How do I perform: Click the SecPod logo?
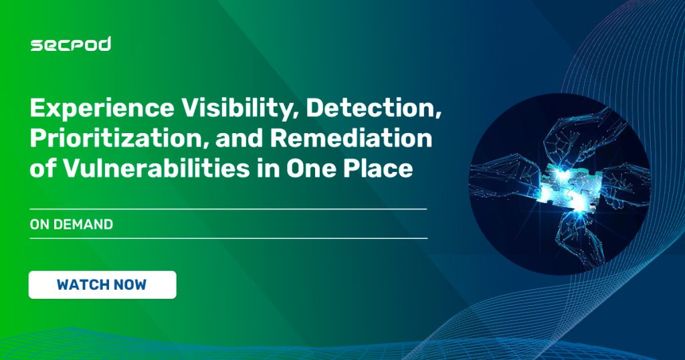[x=71, y=44]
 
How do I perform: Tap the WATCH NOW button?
[x=102, y=285]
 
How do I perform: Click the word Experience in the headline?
[x=102, y=109]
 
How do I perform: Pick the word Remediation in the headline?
[x=351, y=138]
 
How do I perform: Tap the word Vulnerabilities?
[x=157, y=168]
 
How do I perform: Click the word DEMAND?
[x=83, y=225]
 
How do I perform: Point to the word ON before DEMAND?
[x=39, y=225]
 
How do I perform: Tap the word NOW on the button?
[x=130, y=285]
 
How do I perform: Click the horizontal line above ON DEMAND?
[x=228, y=209]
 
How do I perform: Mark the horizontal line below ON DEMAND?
[x=229, y=238]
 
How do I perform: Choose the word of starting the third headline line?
[x=43, y=169]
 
